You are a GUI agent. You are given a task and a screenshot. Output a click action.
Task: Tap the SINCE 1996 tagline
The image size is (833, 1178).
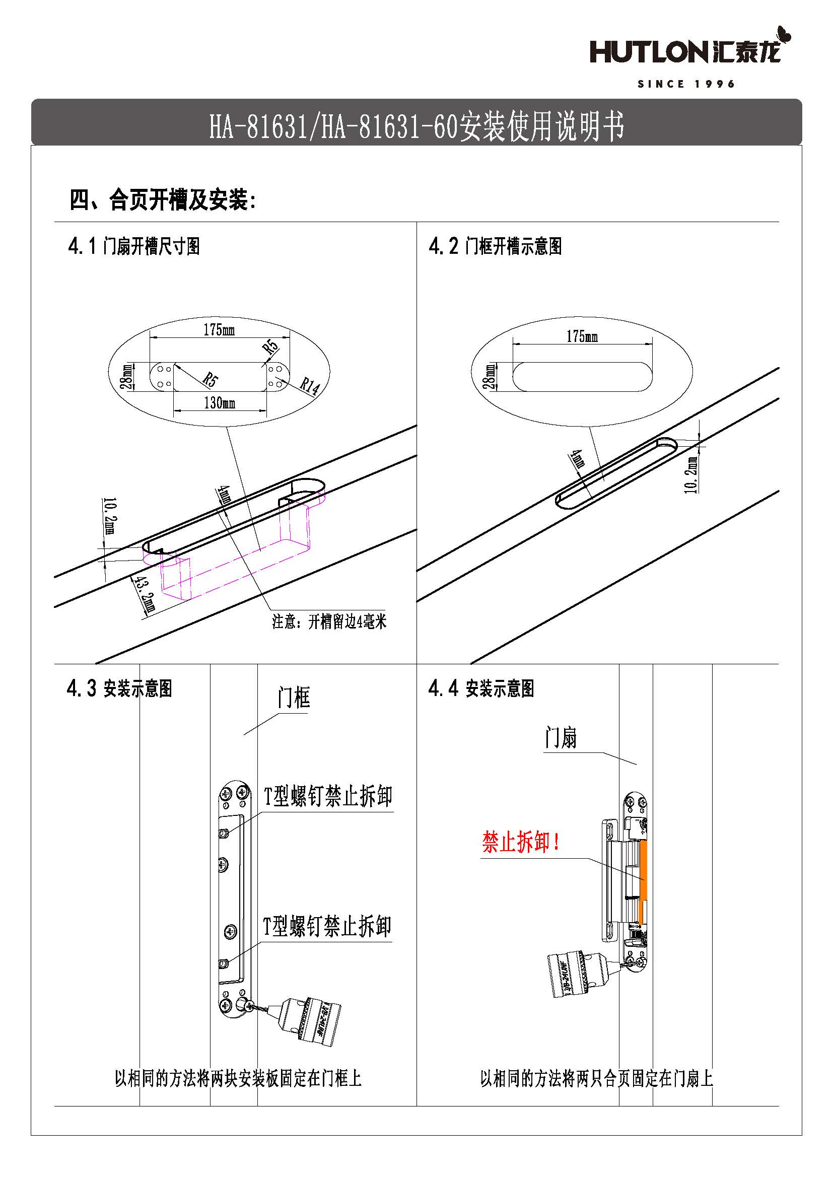tap(686, 84)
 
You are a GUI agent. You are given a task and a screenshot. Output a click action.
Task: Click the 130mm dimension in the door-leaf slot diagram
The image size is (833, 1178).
tap(220, 403)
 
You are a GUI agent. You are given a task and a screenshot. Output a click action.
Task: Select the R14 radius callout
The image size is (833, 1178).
tap(309, 386)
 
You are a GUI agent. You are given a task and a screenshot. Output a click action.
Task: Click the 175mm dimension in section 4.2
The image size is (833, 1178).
tap(582, 336)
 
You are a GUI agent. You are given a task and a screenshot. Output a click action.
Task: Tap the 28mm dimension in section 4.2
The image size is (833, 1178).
tap(491, 376)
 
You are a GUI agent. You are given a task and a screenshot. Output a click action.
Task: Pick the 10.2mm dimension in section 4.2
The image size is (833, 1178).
tap(691, 474)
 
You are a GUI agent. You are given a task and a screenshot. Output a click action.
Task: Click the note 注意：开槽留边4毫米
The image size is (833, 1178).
tap(329, 622)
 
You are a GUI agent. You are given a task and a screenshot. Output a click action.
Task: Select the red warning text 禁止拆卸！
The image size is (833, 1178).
tap(520, 842)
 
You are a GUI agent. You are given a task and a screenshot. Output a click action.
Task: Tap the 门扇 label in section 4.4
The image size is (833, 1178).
tap(561, 738)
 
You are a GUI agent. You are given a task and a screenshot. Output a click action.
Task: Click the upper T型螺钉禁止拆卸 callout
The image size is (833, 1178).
tap(328, 796)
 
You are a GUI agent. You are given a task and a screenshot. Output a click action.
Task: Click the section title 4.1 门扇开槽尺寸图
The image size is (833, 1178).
tap(134, 246)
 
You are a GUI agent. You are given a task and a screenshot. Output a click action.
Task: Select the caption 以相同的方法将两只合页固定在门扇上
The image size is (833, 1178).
tap(596, 1078)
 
